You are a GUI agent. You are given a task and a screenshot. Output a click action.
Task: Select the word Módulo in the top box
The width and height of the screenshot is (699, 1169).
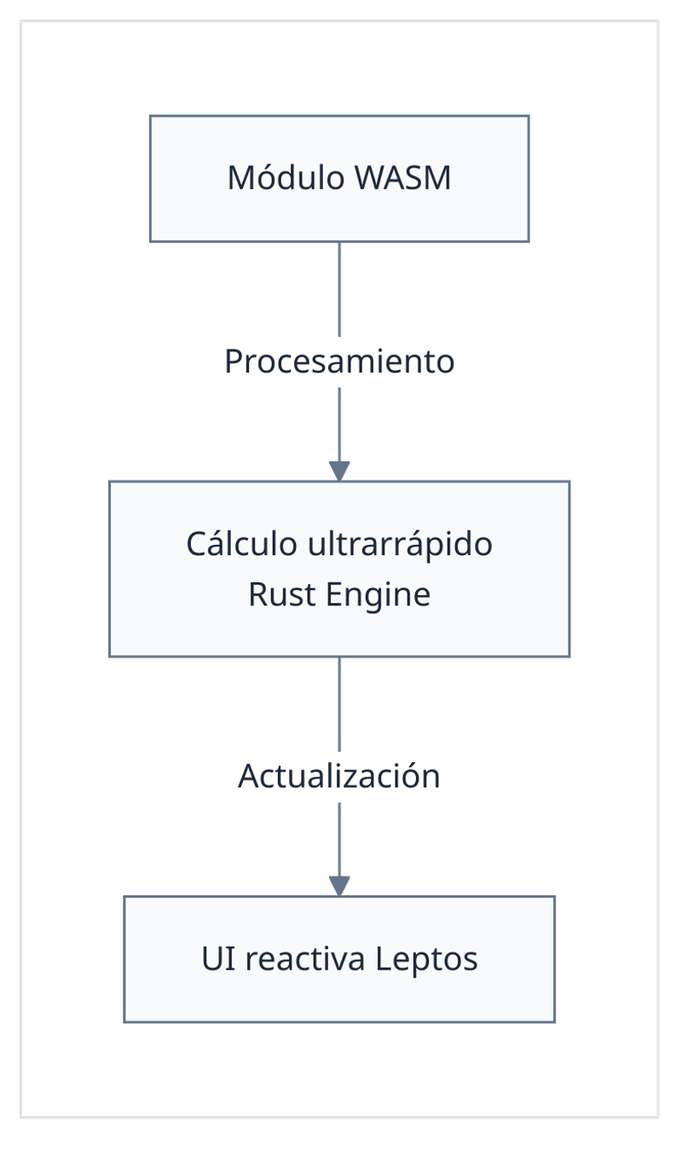pyautogui.click(x=286, y=178)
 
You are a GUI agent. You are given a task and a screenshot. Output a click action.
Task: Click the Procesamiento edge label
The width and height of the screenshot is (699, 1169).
pyautogui.click(x=339, y=362)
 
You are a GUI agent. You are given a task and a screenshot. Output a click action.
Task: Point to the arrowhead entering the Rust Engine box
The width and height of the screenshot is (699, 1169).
pyautogui.click(x=340, y=471)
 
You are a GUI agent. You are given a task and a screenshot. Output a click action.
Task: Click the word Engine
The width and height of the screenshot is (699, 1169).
pyautogui.click(x=378, y=593)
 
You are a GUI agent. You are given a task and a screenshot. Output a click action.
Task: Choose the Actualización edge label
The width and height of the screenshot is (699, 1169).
pyautogui.click(x=339, y=776)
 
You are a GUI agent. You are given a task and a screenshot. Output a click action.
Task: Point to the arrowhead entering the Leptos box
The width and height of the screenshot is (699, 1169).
pyautogui.click(x=340, y=886)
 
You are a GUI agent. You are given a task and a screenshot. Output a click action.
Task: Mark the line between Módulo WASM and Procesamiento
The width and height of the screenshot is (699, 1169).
pyautogui.click(x=340, y=290)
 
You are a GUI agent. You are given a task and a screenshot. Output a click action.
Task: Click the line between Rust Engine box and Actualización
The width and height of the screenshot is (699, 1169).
pyautogui.click(x=340, y=703)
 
